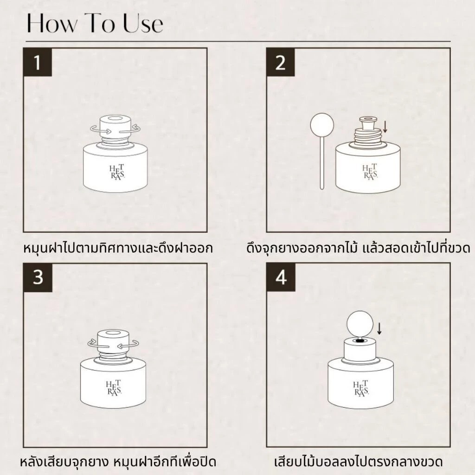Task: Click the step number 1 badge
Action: click(x=38, y=62)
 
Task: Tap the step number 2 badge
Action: click(x=281, y=62)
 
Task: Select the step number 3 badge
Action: click(x=38, y=277)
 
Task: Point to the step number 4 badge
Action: click(x=281, y=277)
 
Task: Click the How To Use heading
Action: click(x=95, y=23)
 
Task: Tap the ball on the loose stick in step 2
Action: click(x=322, y=125)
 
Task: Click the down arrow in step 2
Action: click(x=385, y=127)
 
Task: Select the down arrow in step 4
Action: click(x=379, y=329)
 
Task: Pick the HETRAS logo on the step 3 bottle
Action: click(x=114, y=387)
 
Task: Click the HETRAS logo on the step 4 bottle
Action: click(x=361, y=388)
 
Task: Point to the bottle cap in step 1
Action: click(x=116, y=126)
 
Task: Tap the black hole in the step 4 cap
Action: click(x=360, y=341)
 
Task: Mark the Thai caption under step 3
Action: click(x=118, y=462)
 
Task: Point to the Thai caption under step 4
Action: click(x=359, y=462)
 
